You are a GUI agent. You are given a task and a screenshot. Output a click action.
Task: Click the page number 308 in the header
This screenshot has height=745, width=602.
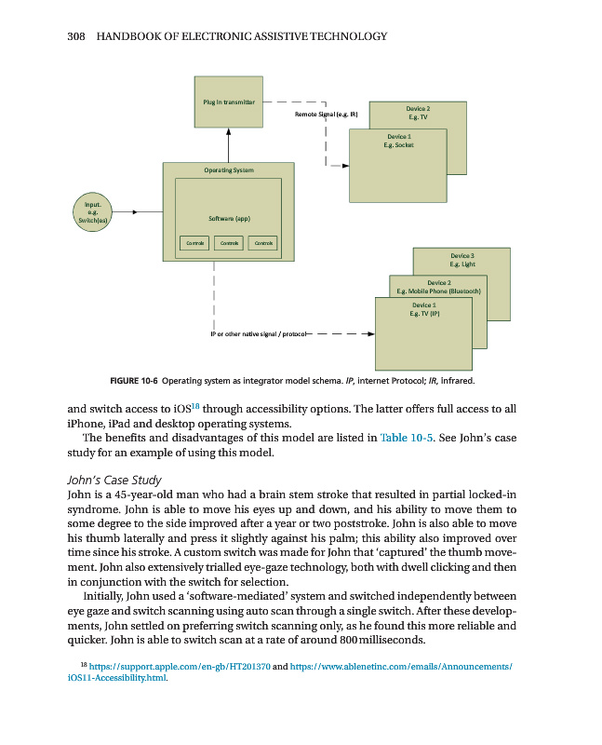(77, 36)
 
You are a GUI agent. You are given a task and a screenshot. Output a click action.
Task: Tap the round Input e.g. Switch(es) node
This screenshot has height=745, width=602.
(93, 211)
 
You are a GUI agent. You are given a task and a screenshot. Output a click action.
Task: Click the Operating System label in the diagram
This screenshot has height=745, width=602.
(229, 169)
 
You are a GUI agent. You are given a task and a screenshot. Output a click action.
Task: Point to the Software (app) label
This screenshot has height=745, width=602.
(229, 219)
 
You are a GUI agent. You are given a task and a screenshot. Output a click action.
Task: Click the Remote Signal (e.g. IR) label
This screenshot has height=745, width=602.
(327, 115)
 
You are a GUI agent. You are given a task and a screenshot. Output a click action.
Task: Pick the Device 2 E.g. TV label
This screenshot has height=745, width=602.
(418, 113)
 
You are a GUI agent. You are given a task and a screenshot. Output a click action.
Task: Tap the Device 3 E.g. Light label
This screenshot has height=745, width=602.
(462, 259)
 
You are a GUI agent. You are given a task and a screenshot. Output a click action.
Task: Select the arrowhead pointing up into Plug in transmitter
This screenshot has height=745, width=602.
(229, 132)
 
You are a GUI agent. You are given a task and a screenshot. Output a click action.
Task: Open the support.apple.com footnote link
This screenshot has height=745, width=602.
(178, 668)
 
